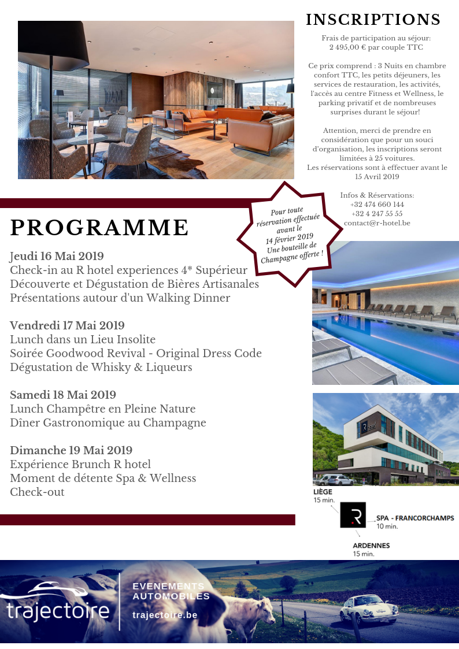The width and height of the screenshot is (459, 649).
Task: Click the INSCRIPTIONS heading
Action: tap(373, 20)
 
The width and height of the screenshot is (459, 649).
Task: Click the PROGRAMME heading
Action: tap(99, 228)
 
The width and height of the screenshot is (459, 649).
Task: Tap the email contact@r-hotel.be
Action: tap(377, 223)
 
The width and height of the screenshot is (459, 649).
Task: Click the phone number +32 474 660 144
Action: tap(377, 205)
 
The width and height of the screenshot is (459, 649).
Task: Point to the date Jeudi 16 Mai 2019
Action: tap(57, 256)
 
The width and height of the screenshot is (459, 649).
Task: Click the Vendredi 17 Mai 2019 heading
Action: tap(67, 325)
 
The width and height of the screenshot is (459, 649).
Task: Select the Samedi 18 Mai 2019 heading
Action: tap(63, 395)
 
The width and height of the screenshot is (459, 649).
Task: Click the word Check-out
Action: tap(37, 492)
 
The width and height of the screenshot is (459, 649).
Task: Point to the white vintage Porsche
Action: tap(368, 609)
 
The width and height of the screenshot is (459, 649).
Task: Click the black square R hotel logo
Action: tap(353, 515)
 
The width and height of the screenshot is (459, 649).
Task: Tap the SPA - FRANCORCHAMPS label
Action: tap(414, 518)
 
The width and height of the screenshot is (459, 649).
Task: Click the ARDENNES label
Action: tap(371, 545)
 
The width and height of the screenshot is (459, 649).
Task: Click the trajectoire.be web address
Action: tap(165, 615)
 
